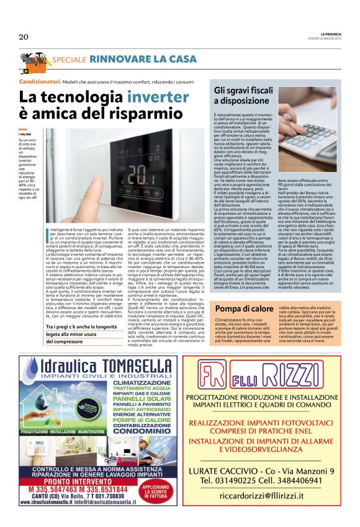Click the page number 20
[x=24, y=37]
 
